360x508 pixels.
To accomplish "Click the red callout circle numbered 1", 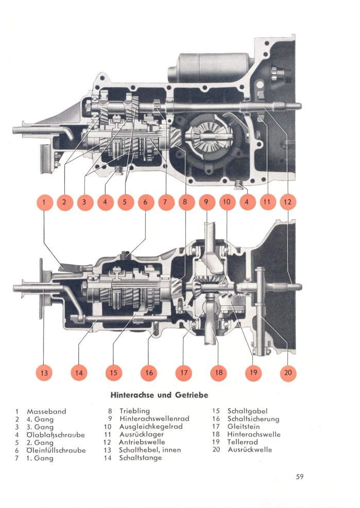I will coord(44,203).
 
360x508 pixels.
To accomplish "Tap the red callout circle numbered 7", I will coord(166,203).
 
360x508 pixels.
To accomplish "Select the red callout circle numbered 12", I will coord(287,203).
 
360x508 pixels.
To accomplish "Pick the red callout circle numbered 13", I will coord(44,373).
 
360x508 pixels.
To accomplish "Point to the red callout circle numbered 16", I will coord(149,373).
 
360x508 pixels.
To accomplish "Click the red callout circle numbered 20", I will coord(287,373).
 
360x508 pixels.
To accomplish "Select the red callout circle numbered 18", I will coord(219,373).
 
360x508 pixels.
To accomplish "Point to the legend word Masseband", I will coord(46,411).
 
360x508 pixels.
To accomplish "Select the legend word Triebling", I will coord(134,411).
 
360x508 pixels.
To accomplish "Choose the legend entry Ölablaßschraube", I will coord(56,434).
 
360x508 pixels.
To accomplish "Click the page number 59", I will coord(300,477).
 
